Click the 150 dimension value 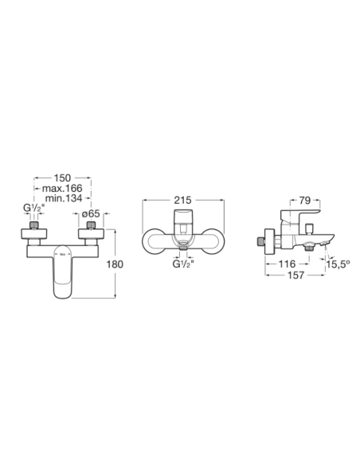coord(62,178)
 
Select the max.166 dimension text coord(62,189)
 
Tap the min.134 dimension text coord(64,198)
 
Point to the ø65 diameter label coord(91,214)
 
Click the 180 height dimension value coord(115,264)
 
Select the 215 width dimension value coord(182,200)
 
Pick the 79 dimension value coord(304,201)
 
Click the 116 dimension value coord(288,264)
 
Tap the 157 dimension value coord(296,275)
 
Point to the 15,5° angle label coord(338,264)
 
